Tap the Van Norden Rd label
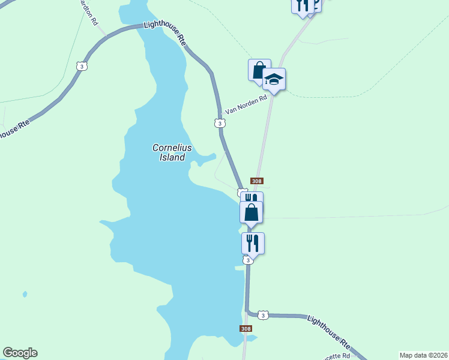click(245, 105)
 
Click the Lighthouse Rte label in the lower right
click(329, 331)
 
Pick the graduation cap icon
click(274, 79)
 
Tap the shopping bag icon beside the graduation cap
click(259, 70)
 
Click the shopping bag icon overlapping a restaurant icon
click(251, 212)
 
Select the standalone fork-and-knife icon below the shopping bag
click(253, 243)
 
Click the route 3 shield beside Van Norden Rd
click(220, 123)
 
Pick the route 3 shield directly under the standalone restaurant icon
click(248, 260)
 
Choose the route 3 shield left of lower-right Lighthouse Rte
click(262, 314)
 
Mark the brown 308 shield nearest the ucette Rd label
click(245, 328)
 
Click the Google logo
click(20, 353)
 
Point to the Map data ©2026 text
click(423, 355)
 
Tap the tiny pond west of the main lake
click(25, 294)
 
